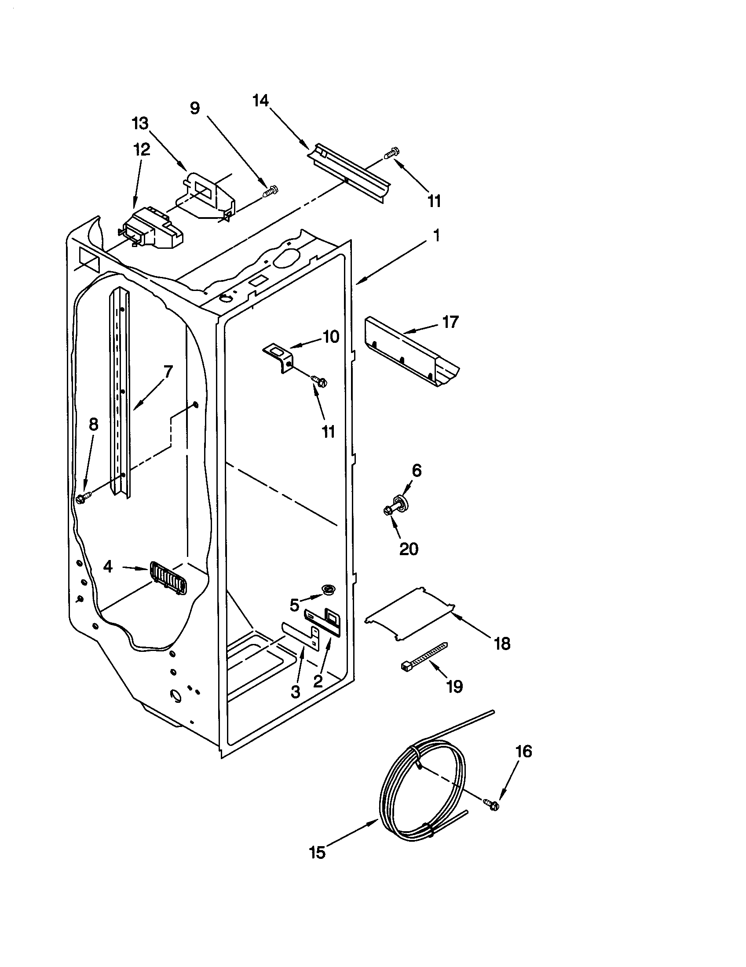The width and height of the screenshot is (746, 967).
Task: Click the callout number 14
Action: click(260, 102)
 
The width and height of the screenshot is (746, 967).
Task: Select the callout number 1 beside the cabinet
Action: click(436, 236)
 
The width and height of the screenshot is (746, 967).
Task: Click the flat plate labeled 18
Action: click(410, 614)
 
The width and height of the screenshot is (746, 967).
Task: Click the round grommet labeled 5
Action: click(328, 589)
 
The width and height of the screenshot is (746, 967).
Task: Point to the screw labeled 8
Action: click(83, 497)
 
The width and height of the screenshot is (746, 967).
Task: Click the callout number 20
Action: click(409, 549)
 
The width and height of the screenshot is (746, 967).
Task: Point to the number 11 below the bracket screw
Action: click(328, 431)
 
